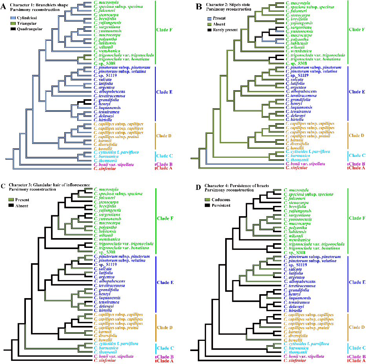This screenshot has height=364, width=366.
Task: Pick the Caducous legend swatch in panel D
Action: coord(207,200)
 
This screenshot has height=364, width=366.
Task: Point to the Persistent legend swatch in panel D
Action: coord(207,205)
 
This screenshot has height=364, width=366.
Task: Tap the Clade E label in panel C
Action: coord(165,282)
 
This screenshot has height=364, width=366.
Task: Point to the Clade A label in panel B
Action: coord(357,168)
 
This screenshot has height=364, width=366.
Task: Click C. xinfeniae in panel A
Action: coord(106,168)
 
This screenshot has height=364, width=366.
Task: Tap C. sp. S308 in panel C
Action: coord(104,252)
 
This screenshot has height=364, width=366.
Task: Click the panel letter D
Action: coord(195,186)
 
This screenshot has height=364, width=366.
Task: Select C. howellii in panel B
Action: coord(295,147)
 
